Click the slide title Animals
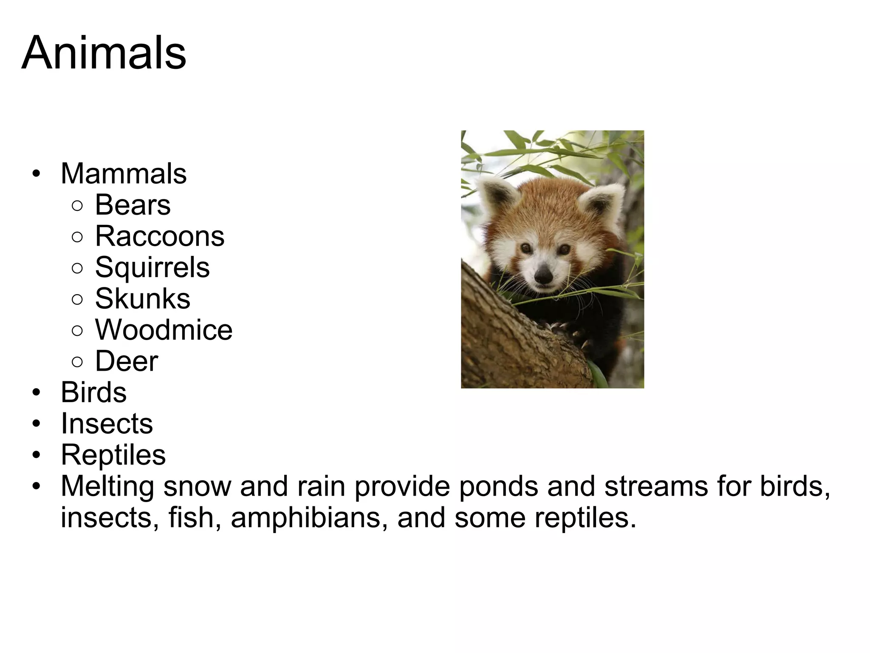pos(104,54)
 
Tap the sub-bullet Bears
pos(133,205)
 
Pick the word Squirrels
pos(152,267)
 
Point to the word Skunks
pos(142,298)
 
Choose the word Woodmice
pos(164,330)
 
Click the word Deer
pos(126,361)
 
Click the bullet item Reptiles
pos(113,455)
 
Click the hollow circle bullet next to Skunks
pos(77,299)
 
